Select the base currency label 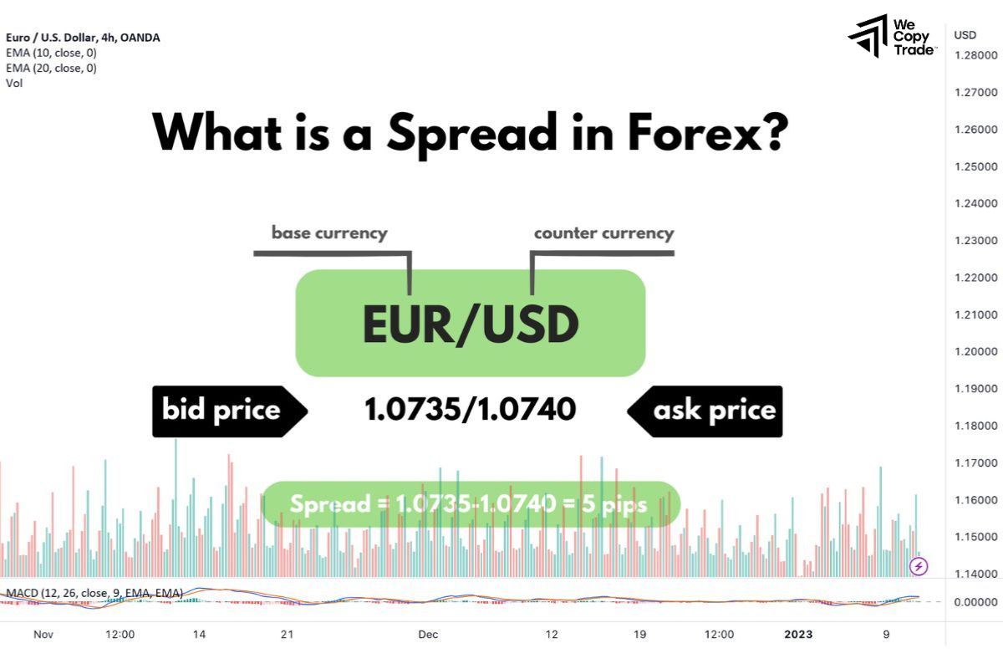pyautogui.click(x=329, y=232)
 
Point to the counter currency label pyautogui.click(x=603, y=232)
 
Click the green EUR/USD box pyautogui.click(x=471, y=323)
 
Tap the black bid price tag pyautogui.click(x=222, y=411)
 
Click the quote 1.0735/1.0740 pyautogui.click(x=471, y=410)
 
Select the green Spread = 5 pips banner pyautogui.click(x=471, y=504)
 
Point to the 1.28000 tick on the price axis pyautogui.click(x=975, y=56)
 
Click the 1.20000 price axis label pyautogui.click(x=975, y=351)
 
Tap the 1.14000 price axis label pyautogui.click(x=975, y=574)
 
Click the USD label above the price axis pyautogui.click(x=965, y=34)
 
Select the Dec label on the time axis pyautogui.click(x=428, y=635)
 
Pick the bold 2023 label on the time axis pyautogui.click(x=797, y=635)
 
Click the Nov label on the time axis pyautogui.click(x=43, y=635)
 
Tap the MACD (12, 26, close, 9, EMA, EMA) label pyautogui.click(x=94, y=593)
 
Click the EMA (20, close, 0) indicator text pyautogui.click(x=51, y=68)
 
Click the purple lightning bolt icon pyautogui.click(x=919, y=566)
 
